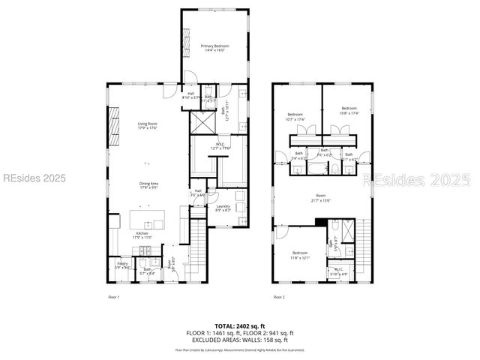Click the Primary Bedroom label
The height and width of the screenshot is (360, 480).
pyautogui.click(x=214, y=48)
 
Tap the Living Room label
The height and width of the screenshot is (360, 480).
pyautogui.click(x=147, y=125)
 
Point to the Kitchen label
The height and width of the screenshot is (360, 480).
pyautogui.click(x=142, y=236)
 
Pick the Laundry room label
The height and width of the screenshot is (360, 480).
pyautogui.click(x=223, y=208)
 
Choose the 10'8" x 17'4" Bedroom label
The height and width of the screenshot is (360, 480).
pyautogui.click(x=350, y=110)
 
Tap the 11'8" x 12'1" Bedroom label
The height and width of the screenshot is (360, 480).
pyautogui.click(x=300, y=255)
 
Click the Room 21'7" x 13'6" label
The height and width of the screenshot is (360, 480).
pyautogui.click(x=321, y=198)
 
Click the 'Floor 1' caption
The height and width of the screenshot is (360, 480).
pyautogui.click(x=113, y=298)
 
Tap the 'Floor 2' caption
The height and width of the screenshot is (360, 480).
pyautogui.click(x=279, y=298)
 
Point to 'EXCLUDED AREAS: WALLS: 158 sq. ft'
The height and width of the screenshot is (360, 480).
pyautogui.click(x=239, y=340)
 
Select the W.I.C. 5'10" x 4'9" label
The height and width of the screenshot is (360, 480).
pyautogui.click(x=340, y=272)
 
